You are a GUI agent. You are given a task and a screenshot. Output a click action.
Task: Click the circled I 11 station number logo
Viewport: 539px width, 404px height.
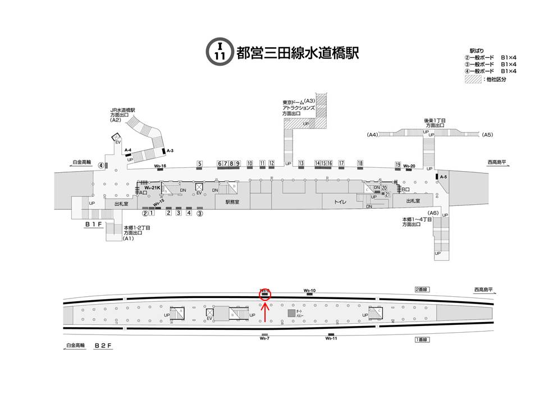click(220, 51)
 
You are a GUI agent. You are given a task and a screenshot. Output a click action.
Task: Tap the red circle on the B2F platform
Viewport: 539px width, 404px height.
click(265, 293)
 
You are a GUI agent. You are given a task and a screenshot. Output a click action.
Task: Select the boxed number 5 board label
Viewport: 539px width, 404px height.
click(199, 164)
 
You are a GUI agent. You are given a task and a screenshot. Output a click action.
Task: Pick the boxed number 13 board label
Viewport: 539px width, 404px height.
click(301, 163)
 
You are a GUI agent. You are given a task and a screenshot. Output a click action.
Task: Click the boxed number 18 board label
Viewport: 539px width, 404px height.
click(360, 163)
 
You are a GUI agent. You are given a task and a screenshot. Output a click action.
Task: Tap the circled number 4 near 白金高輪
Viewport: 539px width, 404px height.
click(101, 165)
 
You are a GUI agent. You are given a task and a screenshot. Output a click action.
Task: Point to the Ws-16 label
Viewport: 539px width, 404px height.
click(160, 166)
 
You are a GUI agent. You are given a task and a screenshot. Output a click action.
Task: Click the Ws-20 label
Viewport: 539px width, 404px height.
click(409, 166)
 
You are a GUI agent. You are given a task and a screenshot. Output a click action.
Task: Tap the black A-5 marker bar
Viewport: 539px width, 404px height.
click(436, 177)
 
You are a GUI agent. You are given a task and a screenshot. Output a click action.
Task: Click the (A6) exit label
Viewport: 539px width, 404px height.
click(432, 213)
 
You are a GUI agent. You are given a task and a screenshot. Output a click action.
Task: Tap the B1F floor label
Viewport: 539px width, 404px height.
click(93, 224)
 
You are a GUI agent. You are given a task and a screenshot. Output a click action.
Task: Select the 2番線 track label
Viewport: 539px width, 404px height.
click(421, 290)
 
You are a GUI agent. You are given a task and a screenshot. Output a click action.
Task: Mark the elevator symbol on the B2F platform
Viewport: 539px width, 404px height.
click(210, 313)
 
